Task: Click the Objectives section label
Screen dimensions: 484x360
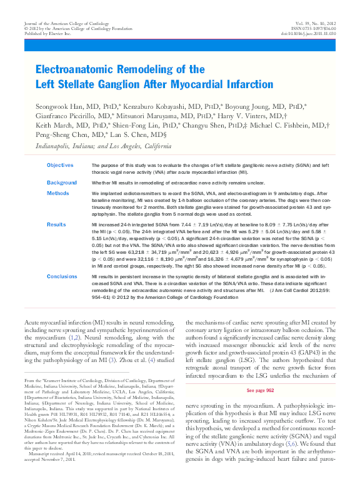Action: click(60, 165)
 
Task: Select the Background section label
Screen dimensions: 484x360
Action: click(61, 183)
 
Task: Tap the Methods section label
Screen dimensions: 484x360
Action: click(58, 194)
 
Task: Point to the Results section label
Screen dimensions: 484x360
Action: click(56, 223)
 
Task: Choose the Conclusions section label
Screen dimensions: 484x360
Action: click(62, 276)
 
